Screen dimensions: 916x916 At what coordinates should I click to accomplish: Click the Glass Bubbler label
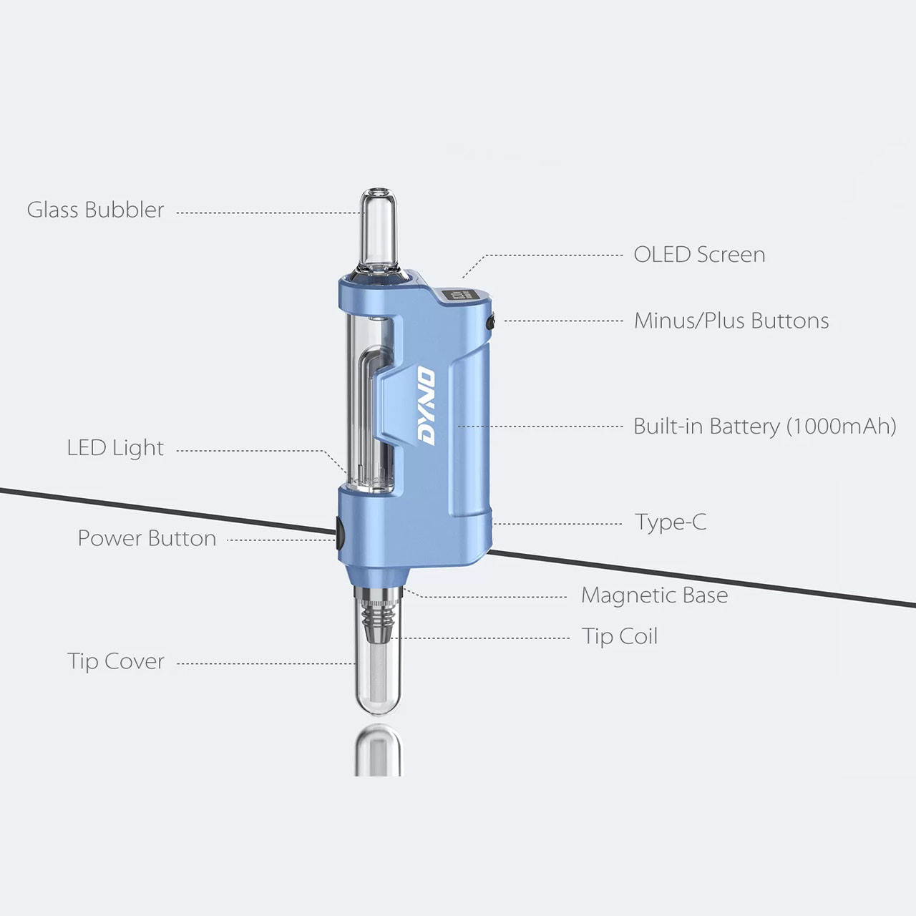[x=95, y=210]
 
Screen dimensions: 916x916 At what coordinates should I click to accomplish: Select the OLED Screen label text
[x=699, y=255]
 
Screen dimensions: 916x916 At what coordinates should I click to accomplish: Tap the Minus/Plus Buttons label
[x=731, y=321]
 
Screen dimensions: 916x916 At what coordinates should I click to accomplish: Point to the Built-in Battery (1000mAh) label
[x=764, y=427]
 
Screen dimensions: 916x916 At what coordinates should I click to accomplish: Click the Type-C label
[x=671, y=522]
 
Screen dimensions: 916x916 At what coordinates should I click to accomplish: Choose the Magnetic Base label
[x=654, y=595]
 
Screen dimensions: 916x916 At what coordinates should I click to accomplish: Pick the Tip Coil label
[x=619, y=636]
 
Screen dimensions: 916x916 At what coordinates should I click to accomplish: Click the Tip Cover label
[x=116, y=661]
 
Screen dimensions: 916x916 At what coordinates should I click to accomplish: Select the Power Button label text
[x=147, y=538]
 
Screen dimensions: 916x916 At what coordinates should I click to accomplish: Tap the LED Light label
[x=115, y=448]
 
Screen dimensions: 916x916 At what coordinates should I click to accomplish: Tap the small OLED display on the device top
[x=455, y=296]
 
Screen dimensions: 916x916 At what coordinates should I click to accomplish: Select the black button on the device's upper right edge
[x=491, y=322]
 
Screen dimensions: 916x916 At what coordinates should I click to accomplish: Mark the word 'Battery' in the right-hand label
[x=744, y=427]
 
